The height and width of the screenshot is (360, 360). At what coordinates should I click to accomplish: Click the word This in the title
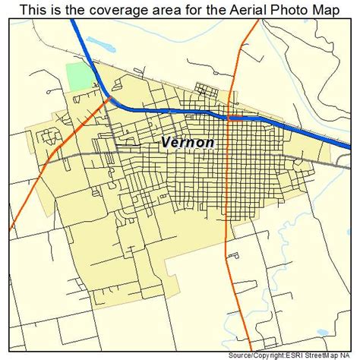[x=35, y=10]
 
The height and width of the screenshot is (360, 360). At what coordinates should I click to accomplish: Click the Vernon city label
[x=188, y=143]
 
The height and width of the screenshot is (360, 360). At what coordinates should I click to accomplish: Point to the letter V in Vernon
[x=167, y=143]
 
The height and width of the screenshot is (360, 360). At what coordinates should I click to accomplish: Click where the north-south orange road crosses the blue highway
[x=230, y=118]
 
